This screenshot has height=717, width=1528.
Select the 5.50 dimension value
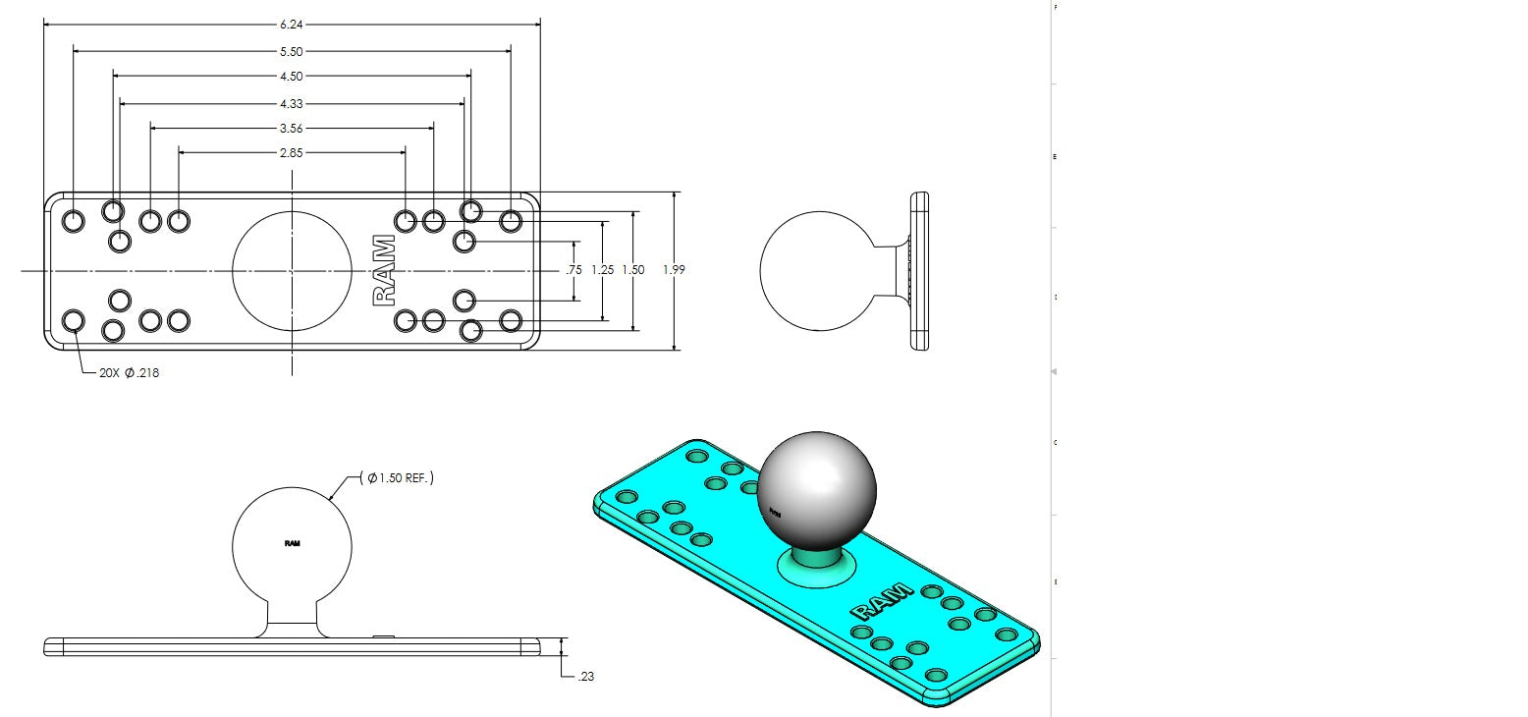pyautogui.click(x=292, y=51)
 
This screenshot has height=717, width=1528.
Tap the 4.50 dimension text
pyautogui.click(x=292, y=77)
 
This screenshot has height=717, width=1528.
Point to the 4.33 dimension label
pyautogui.click(x=292, y=102)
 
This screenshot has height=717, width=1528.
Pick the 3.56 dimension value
pyautogui.click(x=292, y=128)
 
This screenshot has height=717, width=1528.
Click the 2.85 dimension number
pyautogui.click(x=292, y=153)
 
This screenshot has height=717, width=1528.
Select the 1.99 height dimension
pyautogui.click(x=674, y=270)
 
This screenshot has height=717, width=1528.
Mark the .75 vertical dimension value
pyautogui.click(x=574, y=270)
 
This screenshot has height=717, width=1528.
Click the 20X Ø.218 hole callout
pyautogui.click(x=128, y=373)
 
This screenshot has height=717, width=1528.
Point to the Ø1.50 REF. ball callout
pyautogui.click(x=399, y=478)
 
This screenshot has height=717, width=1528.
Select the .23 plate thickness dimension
pyautogui.click(x=586, y=677)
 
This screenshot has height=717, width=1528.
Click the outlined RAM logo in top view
pyautogui.click(x=385, y=271)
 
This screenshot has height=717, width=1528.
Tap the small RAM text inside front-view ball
pyautogui.click(x=292, y=543)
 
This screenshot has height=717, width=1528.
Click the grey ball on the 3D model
pyautogui.click(x=817, y=491)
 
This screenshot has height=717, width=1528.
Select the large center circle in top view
pyautogui.click(x=292, y=270)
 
